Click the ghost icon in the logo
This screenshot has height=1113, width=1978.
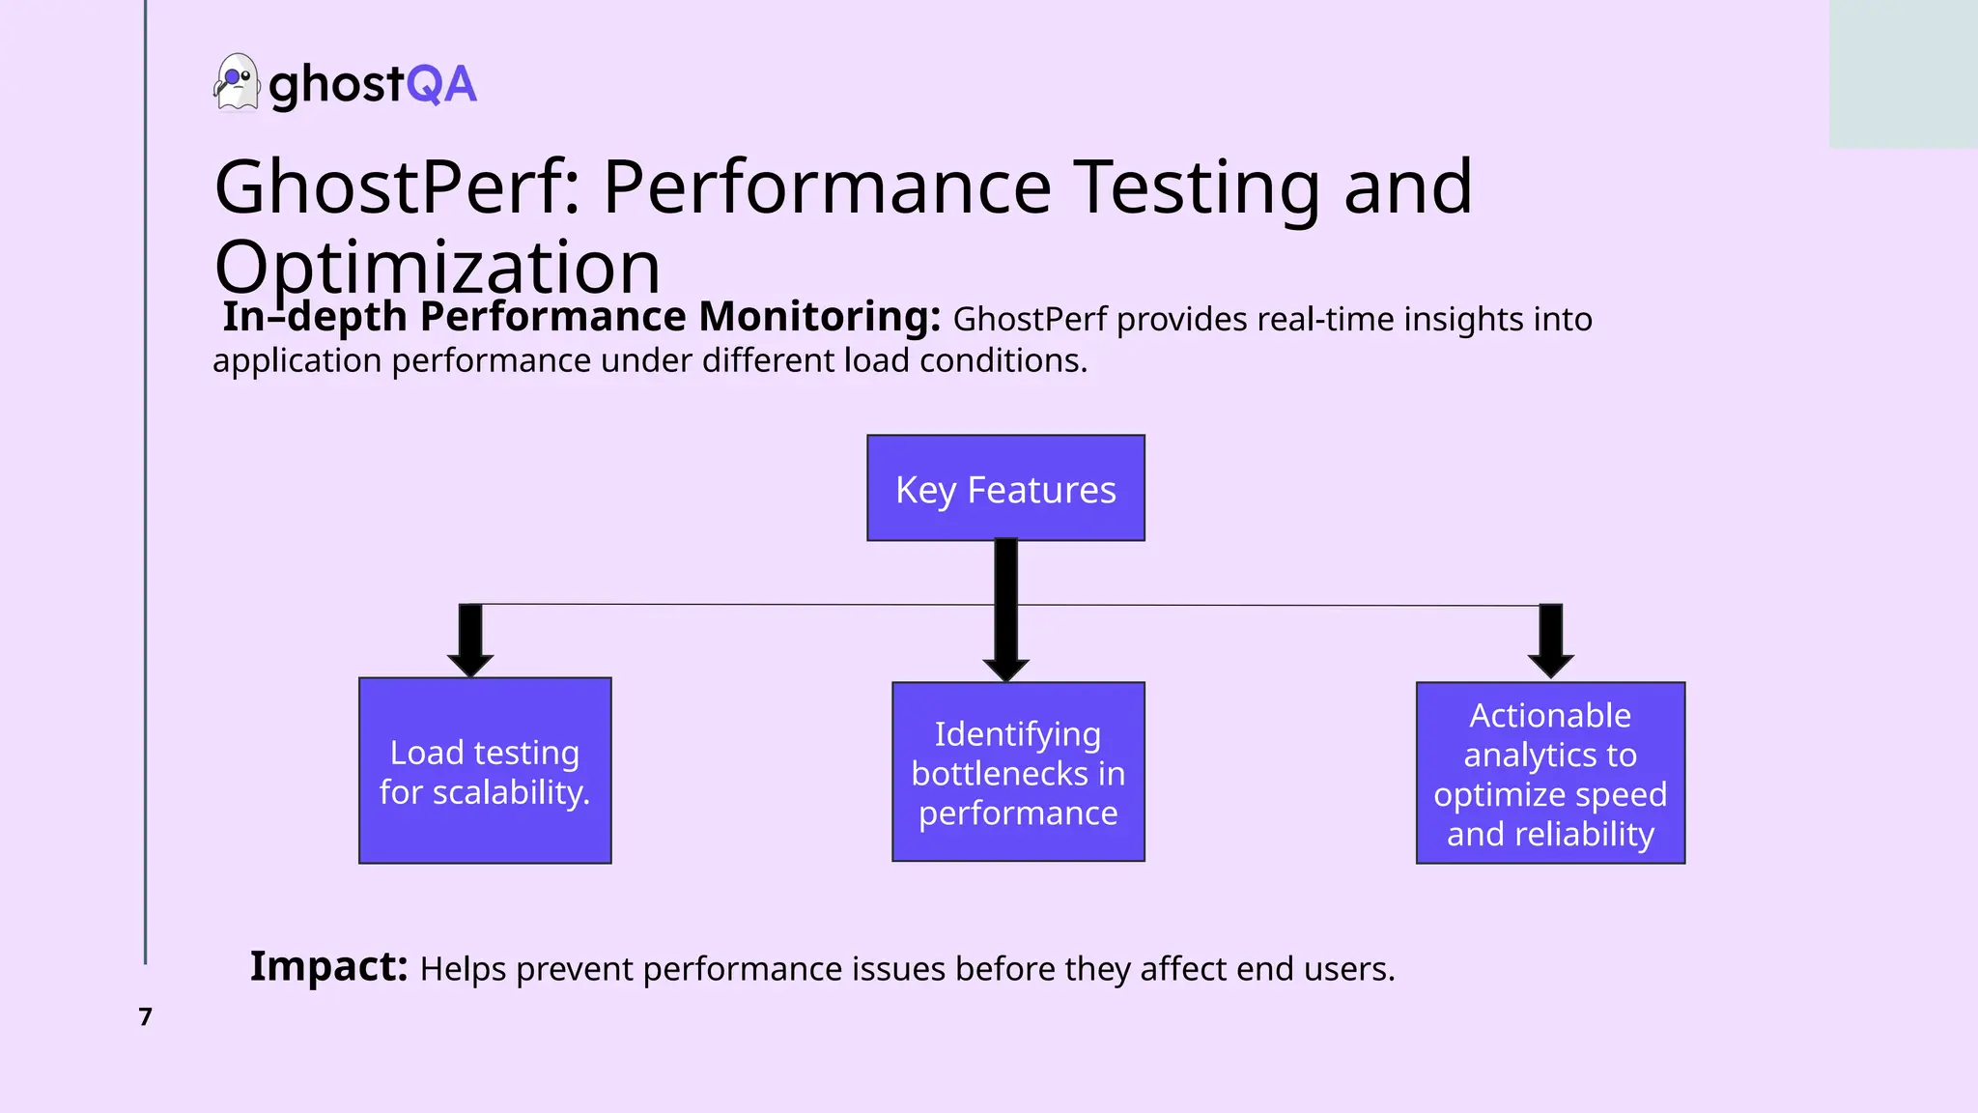[236, 83]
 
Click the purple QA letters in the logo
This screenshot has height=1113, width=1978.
[441, 84]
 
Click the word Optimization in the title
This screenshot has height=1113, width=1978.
[437, 267]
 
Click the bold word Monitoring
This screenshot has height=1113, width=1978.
[818, 317]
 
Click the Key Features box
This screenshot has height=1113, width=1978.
[1005, 489]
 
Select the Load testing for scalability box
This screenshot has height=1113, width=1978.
[485, 771]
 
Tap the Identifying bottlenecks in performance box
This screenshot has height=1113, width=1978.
[1018, 773]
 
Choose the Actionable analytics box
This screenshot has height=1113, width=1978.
[1550, 773]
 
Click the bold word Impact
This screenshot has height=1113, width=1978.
[328, 966]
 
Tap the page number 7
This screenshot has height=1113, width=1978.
[146, 1016]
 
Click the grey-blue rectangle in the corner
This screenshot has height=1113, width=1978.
[1903, 74]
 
